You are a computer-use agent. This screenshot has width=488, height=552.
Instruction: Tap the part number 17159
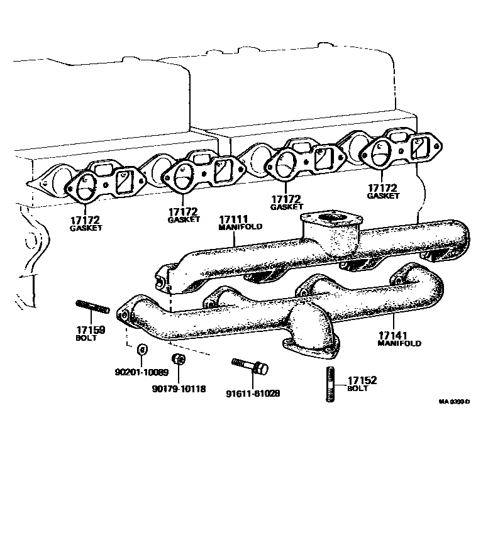(x=91, y=330)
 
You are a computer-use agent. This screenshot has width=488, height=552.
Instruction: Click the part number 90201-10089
(x=141, y=372)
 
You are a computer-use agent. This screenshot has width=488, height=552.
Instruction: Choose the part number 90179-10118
(x=179, y=389)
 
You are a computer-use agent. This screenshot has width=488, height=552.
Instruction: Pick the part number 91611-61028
(x=253, y=394)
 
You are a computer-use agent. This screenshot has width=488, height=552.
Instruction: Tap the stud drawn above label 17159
(x=93, y=307)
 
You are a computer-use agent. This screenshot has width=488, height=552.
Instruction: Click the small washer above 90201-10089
(x=141, y=349)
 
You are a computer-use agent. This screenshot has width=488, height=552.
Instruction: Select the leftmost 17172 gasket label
(x=86, y=220)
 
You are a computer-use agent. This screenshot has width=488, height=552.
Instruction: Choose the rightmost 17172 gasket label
(x=383, y=188)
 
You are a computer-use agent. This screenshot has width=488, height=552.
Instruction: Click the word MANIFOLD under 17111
(x=240, y=227)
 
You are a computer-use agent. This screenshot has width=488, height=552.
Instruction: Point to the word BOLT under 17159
(x=86, y=338)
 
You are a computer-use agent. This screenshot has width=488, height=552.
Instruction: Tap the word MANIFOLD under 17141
(x=399, y=343)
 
